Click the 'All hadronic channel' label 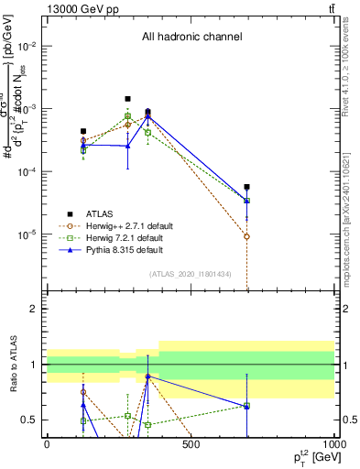click(191, 38)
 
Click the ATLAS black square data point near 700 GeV click(247, 187)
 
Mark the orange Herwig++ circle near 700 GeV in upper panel click(247, 236)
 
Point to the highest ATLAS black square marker click(127, 99)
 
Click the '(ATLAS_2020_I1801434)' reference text click(191, 275)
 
